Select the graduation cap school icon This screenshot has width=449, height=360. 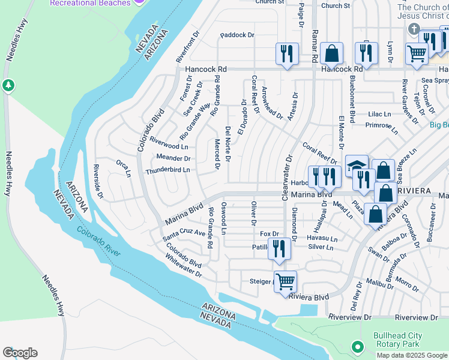click(x=357, y=166)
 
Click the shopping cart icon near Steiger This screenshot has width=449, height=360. click(x=285, y=280)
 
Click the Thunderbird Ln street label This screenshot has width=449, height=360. click(x=167, y=170)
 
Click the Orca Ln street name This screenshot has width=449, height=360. click(x=123, y=167)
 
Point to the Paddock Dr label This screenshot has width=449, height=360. click(x=237, y=35)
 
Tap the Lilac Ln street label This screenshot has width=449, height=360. click(x=379, y=113)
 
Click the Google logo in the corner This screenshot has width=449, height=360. click(x=20, y=353)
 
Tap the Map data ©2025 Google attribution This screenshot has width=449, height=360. click(x=412, y=355)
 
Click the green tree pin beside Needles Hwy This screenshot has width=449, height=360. click(x=8, y=85)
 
